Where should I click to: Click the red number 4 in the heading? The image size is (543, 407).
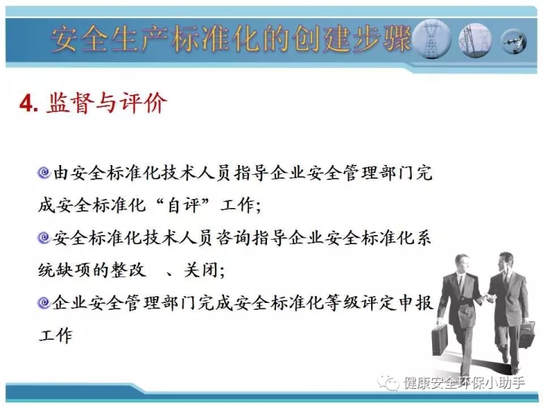[26, 103]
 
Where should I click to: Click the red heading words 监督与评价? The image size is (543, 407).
[106, 103]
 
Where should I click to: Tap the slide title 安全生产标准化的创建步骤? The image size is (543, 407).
[231, 38]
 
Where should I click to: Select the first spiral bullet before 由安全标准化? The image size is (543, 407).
[44, 173]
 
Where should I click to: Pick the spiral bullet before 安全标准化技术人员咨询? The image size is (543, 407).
[44, 237]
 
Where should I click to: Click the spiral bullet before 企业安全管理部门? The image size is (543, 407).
[44, 302]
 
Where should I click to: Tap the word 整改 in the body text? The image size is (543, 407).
[128, 270]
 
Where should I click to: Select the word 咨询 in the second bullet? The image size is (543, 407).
[233, 238]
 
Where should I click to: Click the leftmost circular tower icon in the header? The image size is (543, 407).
[432, 38]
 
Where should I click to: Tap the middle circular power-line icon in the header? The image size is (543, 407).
[476, 40]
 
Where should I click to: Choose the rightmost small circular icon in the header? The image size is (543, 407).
[514, 41]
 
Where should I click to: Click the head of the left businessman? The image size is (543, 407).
[462, 265]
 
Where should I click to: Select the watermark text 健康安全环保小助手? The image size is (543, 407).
[464, 383]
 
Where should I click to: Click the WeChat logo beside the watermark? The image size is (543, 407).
[389, 383]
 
